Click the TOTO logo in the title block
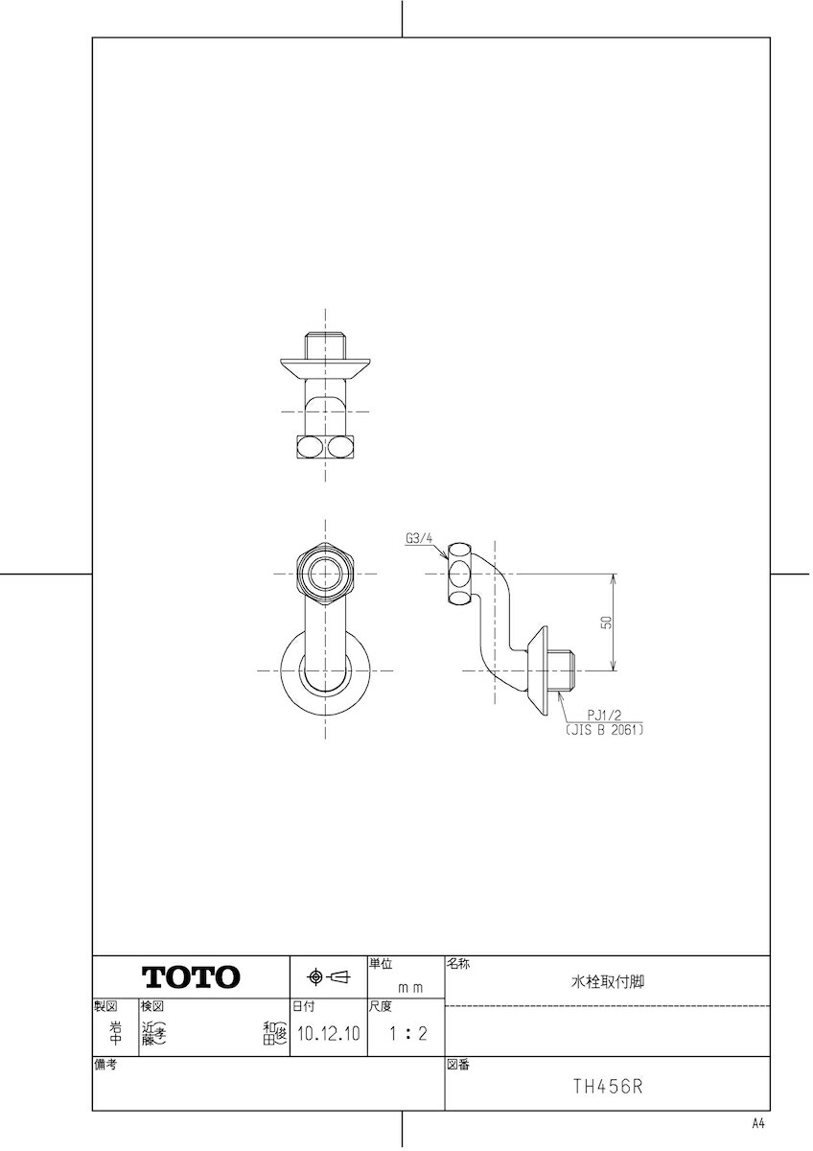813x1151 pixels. click(x=191, y=976)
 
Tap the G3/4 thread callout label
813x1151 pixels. click(x=419, y=538)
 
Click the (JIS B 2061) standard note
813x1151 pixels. click(x=605, y=730)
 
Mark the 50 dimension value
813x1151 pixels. click(x=607, y=622)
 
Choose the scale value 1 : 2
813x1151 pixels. click(x=407, y=1033)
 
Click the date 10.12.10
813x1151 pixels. click(x=329, y=1033)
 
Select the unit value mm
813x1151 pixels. click(x=410, y=988)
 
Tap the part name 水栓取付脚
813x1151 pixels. click(x=608, y=981)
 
